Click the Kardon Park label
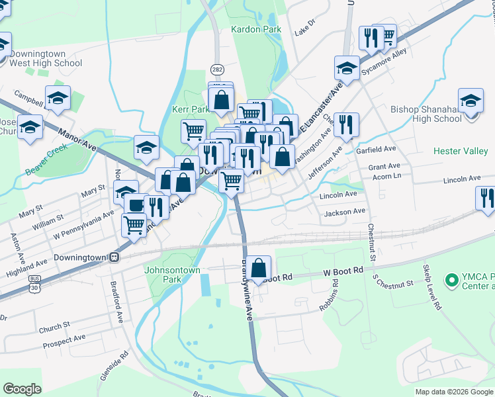pos(256,29)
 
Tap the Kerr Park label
pos(191,109)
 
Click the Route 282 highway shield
pos(217,69)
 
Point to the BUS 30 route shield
pos(34,287)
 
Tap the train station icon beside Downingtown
pos(114,257)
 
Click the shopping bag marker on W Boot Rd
pos(260,269)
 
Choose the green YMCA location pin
pos(452,281)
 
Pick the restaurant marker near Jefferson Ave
pos(345,124)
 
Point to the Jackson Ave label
pos(344,212)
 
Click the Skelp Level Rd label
pos(431,288)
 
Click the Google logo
pos(22,389)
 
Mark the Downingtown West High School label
pos(46,59)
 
